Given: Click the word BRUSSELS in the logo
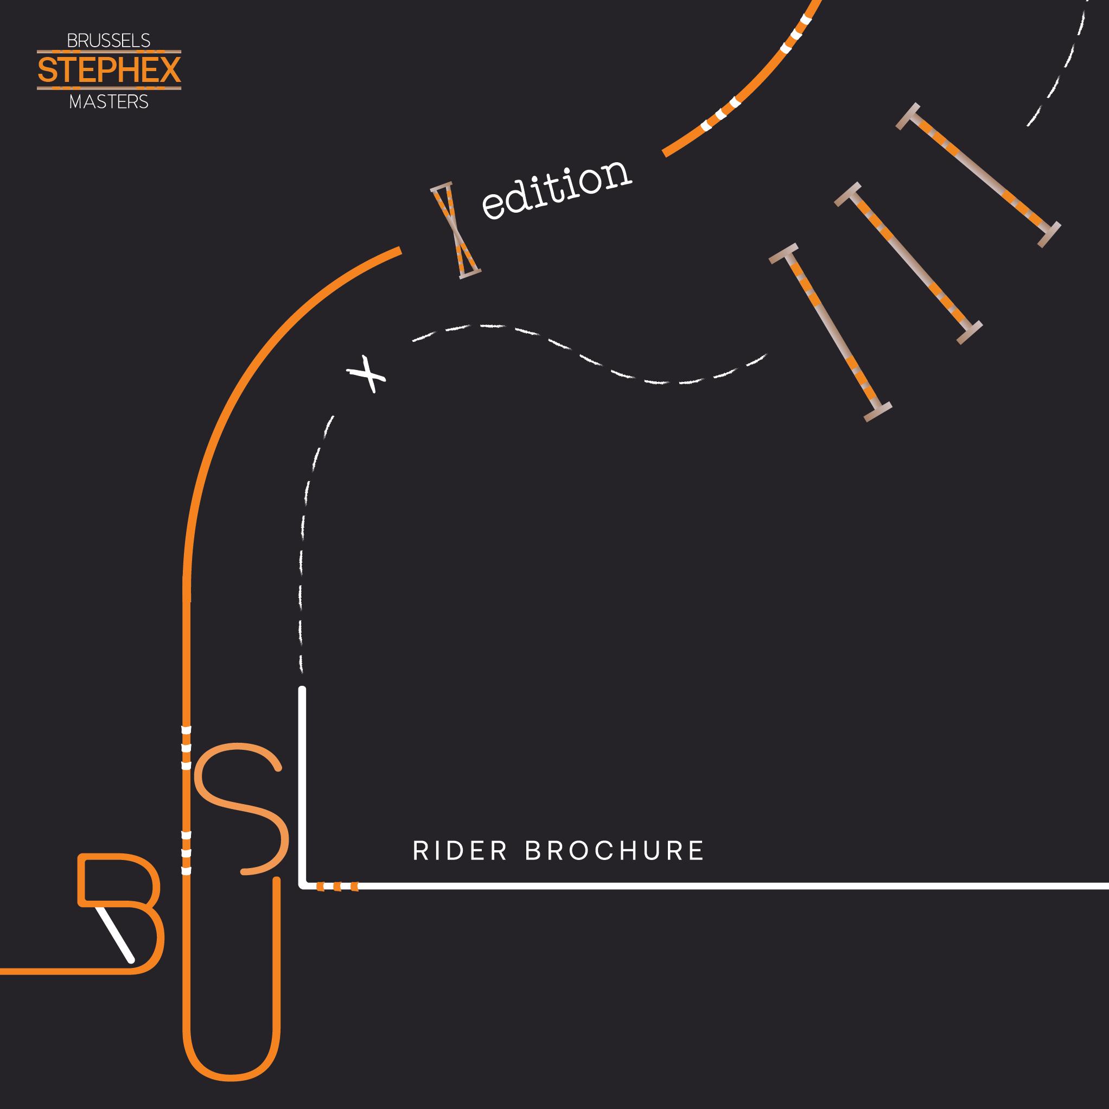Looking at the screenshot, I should point(109,41).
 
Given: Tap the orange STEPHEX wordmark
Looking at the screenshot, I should point(109,71).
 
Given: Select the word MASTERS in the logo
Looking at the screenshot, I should point(109,102).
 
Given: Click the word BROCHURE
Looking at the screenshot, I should point(614,851).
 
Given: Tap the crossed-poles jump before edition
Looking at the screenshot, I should point(455,231).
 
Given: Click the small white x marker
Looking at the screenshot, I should point(367,375).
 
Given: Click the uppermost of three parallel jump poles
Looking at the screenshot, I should point(978,175).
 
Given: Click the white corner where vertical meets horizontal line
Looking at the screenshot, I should point(303,884).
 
